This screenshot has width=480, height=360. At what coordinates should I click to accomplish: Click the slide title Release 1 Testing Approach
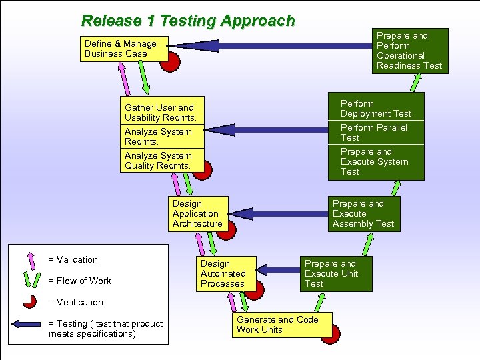click(187, 21)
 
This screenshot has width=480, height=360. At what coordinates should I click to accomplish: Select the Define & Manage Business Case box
click(123, 49)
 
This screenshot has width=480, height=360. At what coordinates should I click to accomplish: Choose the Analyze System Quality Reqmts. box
click(160, 160)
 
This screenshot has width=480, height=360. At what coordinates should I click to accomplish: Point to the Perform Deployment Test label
click(375, 109)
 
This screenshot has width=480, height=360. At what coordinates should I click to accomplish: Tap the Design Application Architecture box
click(198, 213)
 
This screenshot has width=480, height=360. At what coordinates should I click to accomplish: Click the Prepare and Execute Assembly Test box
click(363, 213)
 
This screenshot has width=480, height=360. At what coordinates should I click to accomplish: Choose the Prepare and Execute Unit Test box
click(335, 273)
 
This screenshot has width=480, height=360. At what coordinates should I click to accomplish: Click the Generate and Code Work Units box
click(277, 325)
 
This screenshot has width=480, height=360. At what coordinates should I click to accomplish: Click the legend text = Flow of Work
click(80, 281)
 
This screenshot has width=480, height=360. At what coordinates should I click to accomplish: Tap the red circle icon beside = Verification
click(29, 302)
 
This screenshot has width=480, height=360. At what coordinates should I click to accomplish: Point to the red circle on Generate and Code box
click(331, 333)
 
